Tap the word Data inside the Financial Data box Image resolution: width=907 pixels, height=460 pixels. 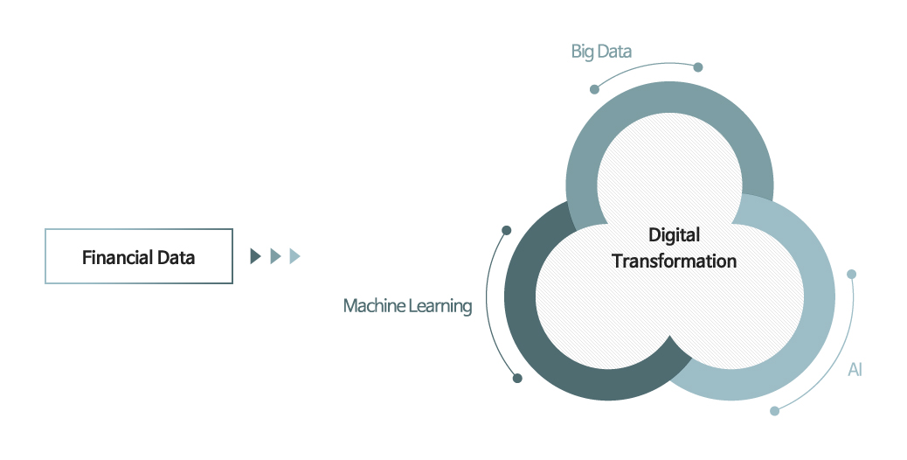tap(177, 257)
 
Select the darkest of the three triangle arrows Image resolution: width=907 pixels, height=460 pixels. tap(255, 256)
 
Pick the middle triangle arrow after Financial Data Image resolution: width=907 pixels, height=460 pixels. tap(274, 256)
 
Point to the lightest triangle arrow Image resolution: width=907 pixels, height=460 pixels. tap(294, 256)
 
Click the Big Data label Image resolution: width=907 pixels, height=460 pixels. tap(601, 52)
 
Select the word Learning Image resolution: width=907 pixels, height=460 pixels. tap(441, 306)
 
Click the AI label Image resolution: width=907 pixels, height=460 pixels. tap(855, 370)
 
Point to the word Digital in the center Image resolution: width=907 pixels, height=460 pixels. tap(674, 235)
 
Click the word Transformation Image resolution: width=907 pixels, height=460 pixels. tap(674, 261)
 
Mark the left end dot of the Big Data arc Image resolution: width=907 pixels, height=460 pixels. tap(594, 89)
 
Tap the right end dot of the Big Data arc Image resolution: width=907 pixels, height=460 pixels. tap(697, 66)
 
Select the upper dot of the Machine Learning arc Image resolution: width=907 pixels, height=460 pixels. tap(506, 231)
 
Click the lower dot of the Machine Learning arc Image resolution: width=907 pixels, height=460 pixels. tap(517, 378)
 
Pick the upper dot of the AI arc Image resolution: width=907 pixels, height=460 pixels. tap(851, 274)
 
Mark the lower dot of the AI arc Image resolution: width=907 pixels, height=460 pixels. tap(774, 410)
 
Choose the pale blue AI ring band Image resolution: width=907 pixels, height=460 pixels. tap(817, 297)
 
